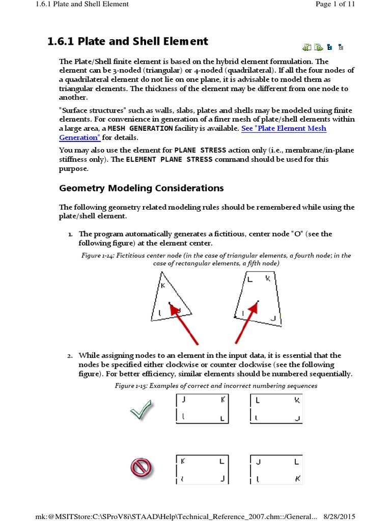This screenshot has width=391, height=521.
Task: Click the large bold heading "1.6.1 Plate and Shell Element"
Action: [127, 42]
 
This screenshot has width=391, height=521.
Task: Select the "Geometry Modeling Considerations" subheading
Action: [142, 188]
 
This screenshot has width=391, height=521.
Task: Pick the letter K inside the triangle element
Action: [163, 286]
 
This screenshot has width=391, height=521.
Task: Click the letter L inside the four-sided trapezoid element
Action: [249, 279]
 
